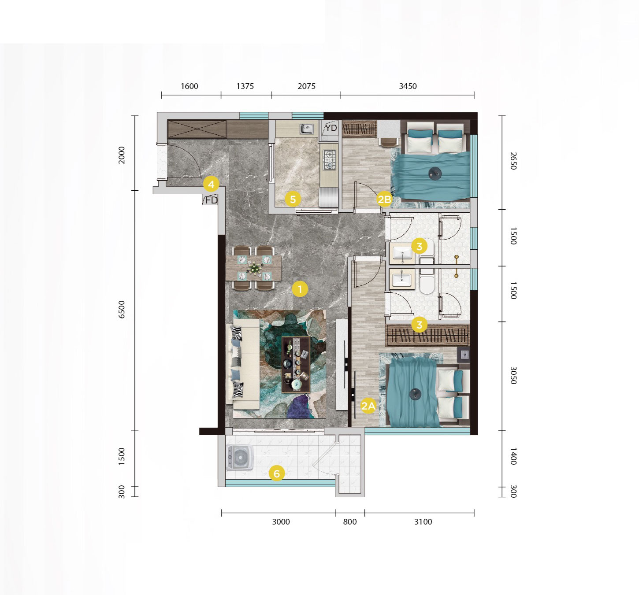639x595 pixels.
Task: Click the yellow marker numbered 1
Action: pyautogui.click(x=300, y=289)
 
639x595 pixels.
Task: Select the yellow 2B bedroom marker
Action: pyautogui.click(x=384, y=200)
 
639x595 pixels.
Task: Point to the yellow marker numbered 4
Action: pyautogui.click(x=211, y=184)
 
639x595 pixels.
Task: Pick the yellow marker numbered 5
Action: pyautogui.click(x=293, y=200)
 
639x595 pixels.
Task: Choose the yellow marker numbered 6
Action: pyautogui.click(x=277, y=473)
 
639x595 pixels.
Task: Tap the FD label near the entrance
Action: pyautogui.click(x=211, y=200)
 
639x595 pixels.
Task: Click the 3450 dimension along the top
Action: pyautogui.click(x=408, y=86)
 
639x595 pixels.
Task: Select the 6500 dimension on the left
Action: pyautogui.click(x=122, y=310)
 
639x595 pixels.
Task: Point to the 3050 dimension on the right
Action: pyautogui.click(x=513, y=375)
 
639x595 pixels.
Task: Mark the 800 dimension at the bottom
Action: pyautogui.click(x=350, y=521)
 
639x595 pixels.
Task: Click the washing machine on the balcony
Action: pyautogui.click(x=240, y=457)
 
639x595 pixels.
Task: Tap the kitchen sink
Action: pyautogui.click(x=307, y=129)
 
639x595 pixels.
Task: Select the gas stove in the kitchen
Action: pyautogui.click(x=329, y=160)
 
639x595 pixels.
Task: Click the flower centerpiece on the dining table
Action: pyautogui.click(x=255, y=268)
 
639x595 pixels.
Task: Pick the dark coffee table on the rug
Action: pyautogui.click(x=296, y=365)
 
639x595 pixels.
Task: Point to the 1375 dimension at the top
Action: pyautogui.click(x=245, y=86)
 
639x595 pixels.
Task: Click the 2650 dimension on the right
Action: pyautogui.click(x=513, y=161)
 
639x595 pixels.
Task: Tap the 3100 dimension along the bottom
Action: pyautogui.click(x=423, y=521)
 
